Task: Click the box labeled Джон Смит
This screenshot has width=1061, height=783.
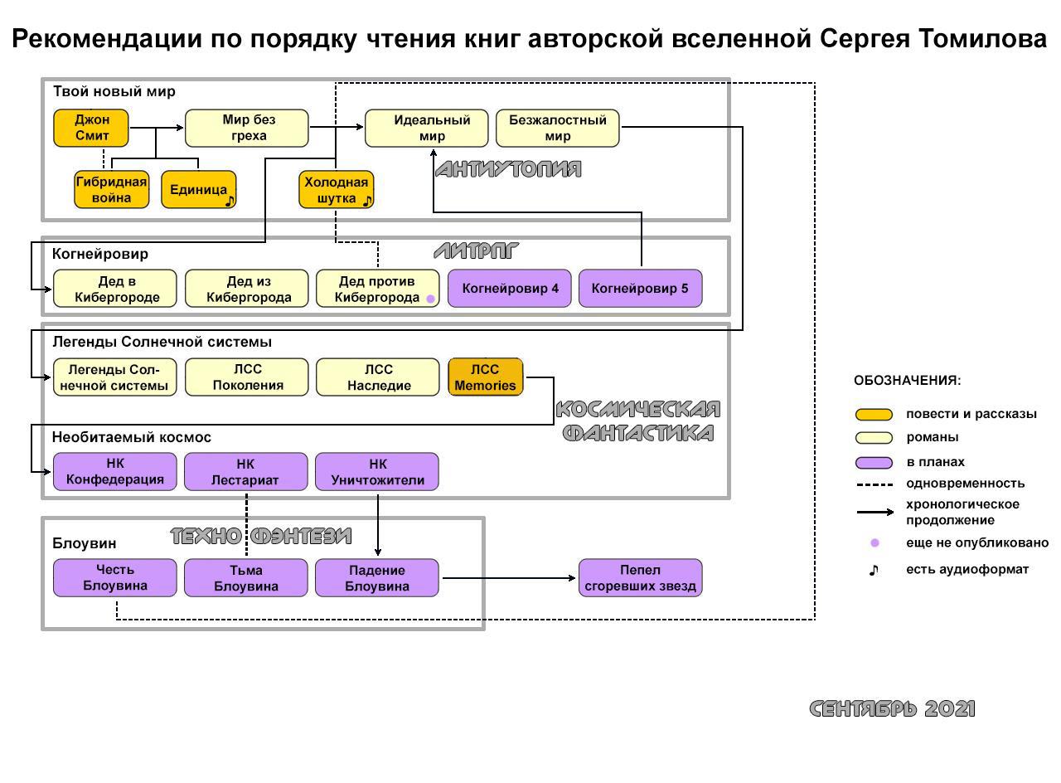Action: [91, 128]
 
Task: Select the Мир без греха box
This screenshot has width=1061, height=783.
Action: [246, 128]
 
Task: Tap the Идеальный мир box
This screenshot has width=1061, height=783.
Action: [431, 128]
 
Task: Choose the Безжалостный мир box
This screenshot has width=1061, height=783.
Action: [557, 128]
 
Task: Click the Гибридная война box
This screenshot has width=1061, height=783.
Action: [111, 190]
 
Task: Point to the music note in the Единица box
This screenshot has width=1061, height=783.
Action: [230, 200]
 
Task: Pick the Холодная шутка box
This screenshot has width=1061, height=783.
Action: [335, 190]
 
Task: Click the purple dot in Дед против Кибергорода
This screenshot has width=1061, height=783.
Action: [430, 299]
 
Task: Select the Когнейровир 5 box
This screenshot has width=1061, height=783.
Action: [640, 289]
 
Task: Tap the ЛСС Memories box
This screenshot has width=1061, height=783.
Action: [485, 377]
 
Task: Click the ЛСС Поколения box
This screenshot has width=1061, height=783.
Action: [246, 377]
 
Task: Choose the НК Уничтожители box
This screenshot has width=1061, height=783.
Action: [377, 471]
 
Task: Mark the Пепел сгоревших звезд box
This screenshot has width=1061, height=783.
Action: [640, 578]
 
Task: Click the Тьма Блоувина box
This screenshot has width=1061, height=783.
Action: [246, 578]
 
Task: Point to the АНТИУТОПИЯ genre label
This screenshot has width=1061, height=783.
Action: [507, 169]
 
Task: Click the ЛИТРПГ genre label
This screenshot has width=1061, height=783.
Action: [476, 250]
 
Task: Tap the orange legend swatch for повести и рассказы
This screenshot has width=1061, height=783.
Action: [874, 414]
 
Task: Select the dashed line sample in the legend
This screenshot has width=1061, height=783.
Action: [874, 484]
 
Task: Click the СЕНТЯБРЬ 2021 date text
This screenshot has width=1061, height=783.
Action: [892, 708]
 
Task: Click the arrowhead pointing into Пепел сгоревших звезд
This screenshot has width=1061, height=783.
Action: [574, 578]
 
